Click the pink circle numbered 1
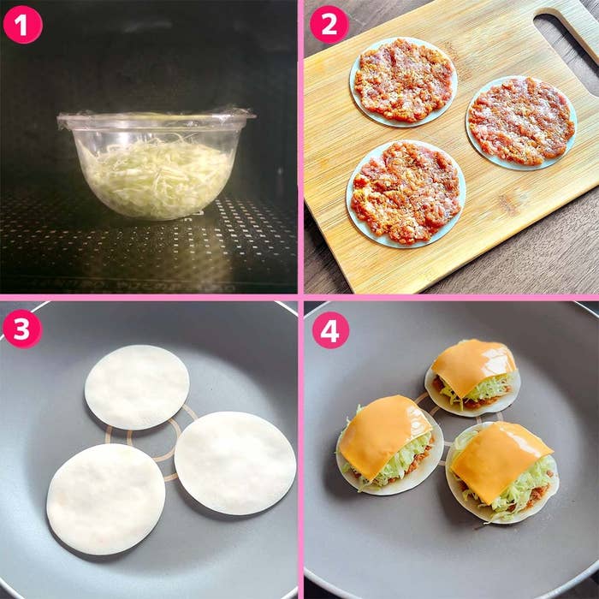[23, 25]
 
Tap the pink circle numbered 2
[329, 25]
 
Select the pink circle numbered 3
[22, 329]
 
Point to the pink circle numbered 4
[331, 329]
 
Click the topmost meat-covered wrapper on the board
[403, 82]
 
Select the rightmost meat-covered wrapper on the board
[521, 122]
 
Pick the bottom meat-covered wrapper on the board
[406, 193]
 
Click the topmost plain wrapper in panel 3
[137, 388]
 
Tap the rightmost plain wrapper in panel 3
[235, 463]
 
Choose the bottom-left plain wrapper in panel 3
[106, 499]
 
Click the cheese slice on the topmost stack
[474, 367]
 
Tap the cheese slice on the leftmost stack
[384, 436]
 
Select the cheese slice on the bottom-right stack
[500, 460]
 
